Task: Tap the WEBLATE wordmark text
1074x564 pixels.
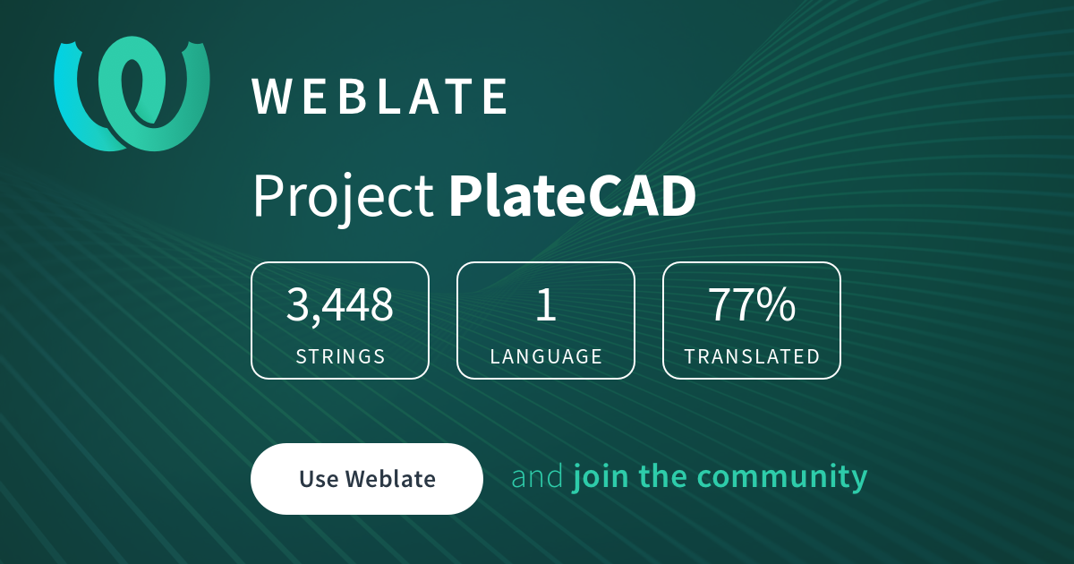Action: [x=379, y=97]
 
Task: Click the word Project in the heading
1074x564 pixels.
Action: [x=343, y=198]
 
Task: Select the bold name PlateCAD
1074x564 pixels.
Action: [x=572, y=196]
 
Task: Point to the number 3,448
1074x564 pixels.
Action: [x=339, y=304]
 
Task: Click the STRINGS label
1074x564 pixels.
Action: [x=340, y=356]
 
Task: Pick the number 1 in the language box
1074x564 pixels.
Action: [x=546, y=304]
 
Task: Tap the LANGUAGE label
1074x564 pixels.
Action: [x=546, y=356]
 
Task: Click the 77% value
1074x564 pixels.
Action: [x=751, y=304]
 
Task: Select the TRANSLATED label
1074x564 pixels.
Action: [x=752, y=356]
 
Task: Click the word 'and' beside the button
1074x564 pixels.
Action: [x=537, y=476]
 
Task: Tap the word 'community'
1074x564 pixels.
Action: [x=782, y=478]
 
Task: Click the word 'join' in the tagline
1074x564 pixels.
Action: [x=601, y=478]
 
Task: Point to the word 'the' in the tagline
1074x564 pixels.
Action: [x=662, y=475]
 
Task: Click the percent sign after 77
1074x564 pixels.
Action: [x=778, y=304]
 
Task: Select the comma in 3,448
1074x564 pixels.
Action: [x=315, y=321]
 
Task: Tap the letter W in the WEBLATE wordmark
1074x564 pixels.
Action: [x=272, y=97]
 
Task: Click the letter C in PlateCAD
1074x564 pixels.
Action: [x=609, y=196]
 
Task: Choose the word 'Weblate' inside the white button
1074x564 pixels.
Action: [x=391, y=479]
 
